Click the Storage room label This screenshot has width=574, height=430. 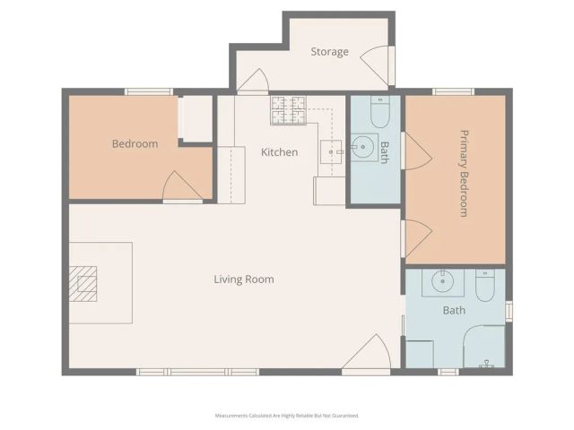coord(329,52)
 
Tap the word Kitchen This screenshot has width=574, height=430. coord(279,152)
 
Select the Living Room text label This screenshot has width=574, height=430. coord(243,279)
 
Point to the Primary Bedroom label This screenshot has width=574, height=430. coord(464,173)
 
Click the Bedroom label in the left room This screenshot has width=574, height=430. coord(135,144)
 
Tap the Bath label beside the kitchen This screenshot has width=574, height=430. coord(384,151)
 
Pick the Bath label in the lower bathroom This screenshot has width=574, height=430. coord(454,311)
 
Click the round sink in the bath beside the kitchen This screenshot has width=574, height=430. coord(364,147)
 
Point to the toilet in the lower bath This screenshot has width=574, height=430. coord(484,287)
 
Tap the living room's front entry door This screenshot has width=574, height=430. coord(368,356)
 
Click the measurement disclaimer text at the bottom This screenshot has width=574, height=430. coord(287,416)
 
